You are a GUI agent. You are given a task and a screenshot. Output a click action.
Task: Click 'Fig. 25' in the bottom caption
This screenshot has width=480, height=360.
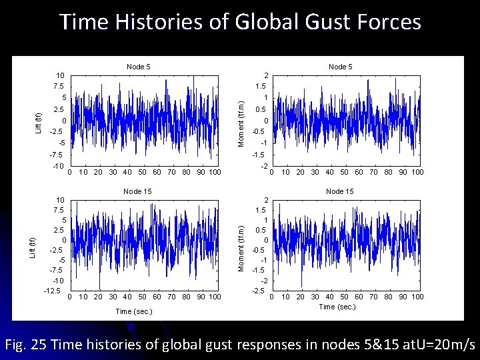pyautogui.click(x=24, y=344)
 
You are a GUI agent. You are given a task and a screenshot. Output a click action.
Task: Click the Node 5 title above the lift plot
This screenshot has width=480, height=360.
pyautogui.click(x=139, y=67)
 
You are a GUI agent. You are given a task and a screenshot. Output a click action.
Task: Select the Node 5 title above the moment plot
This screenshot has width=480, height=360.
pyautogui.click(x=340, y=67)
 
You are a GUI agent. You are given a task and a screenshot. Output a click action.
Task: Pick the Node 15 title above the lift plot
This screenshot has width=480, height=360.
pyautogui.click(x=139, y=192)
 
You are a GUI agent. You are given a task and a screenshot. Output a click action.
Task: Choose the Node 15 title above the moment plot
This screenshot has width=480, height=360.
pyautogui.click(x=340, y=192)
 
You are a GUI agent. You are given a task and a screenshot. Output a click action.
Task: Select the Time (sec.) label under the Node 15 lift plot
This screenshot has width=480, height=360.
pyautogui.click(x=134, y=311)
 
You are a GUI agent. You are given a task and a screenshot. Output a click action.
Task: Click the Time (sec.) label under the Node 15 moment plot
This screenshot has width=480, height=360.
pyautogui.click(x=337, y=307)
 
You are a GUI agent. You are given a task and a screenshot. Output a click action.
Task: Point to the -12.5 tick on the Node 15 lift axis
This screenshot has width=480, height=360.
pyautogui.click(x=52, y=290)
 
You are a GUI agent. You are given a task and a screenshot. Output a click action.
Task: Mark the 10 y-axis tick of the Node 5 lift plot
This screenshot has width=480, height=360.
pyautogui.click(x=60, y=75)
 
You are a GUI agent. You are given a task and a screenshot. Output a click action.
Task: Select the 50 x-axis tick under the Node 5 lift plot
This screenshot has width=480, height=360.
pyautogui.click(x=143, y=173)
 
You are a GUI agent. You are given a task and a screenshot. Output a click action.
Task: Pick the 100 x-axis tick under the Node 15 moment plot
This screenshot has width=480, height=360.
pyautogui.click(x=417, y=297)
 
